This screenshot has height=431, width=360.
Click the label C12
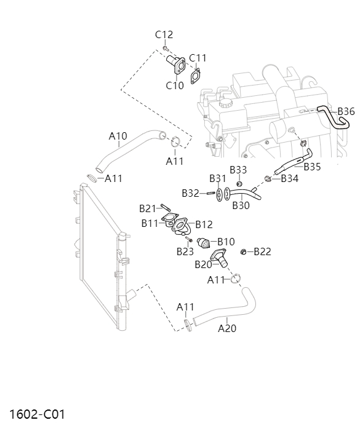[x=164, y=34]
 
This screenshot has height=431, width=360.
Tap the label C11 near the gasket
[x=198, y=58]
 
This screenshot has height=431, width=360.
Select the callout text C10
[x=175, y=85]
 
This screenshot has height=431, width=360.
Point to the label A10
[x=118, y=135]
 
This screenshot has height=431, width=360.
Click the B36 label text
[x=346, y=111]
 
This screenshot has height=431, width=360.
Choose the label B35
[x=312, y=166]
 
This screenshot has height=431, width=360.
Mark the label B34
[x=289, y=179]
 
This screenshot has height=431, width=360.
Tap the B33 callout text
[x=238, y=169]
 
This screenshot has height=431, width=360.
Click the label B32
[x=190, y=193]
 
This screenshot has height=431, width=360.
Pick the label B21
[x=148, y=208]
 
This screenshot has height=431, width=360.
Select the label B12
[x=204, y=224]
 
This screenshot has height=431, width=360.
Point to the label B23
[x=185, y=251]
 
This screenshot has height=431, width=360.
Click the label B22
[x=262, y=251]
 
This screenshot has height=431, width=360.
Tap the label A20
[x=227, y=328]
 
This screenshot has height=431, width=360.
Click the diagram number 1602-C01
[x=37, y=414]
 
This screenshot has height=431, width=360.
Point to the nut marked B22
[x=244, y=251]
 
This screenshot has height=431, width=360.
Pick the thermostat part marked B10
[x=204, y=243]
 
